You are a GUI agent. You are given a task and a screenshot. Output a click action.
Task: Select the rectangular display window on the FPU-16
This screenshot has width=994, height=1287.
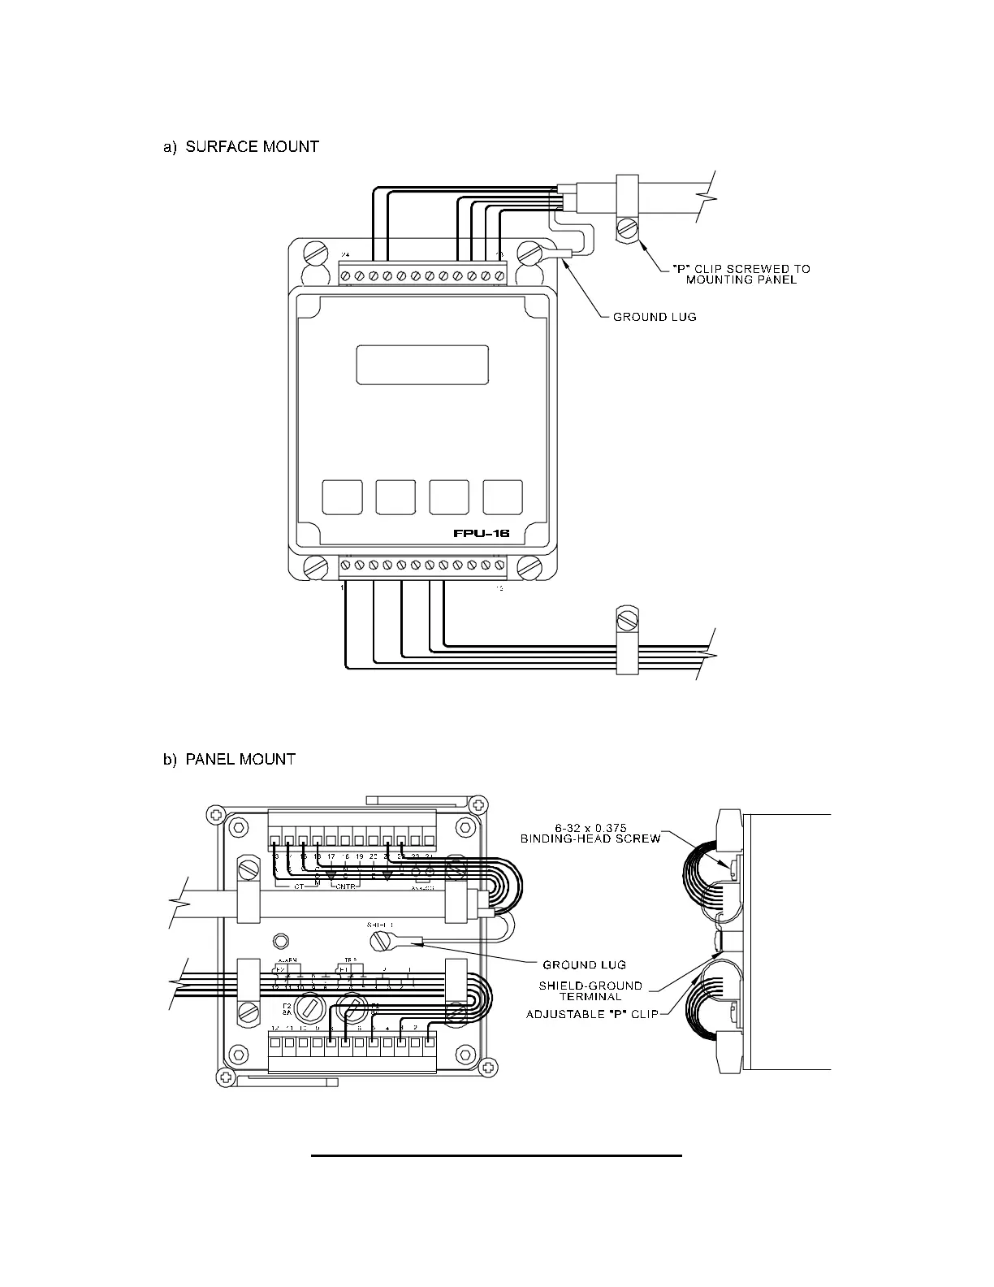(x=422, y=365)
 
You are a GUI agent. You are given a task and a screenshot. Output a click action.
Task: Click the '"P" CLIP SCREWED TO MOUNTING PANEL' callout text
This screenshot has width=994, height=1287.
(x=741, y=274)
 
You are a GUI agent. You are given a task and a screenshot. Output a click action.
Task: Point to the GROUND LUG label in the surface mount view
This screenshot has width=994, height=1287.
(x=655, y=316)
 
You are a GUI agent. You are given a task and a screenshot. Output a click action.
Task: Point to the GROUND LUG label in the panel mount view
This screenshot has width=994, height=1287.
(x=584, y=964)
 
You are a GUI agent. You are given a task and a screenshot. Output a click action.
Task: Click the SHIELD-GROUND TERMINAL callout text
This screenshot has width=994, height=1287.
(x=590, y=991)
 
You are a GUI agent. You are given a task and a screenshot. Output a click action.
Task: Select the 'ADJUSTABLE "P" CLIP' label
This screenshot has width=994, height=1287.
(x=592, y=1014)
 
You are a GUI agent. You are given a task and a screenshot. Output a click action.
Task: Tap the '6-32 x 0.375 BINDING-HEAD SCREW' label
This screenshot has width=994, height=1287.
(x=590, y=833)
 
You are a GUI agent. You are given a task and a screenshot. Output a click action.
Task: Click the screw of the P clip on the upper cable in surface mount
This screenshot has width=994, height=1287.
(x=626, y=231)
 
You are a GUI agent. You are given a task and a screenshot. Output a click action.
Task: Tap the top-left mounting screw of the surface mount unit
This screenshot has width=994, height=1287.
(x=314, y=252)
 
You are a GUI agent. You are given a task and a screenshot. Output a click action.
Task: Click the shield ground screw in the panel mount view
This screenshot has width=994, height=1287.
(x=381, y=942)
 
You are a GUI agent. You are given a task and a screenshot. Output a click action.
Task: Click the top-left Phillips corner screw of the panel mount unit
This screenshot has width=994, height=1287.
(x=214, y=813)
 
